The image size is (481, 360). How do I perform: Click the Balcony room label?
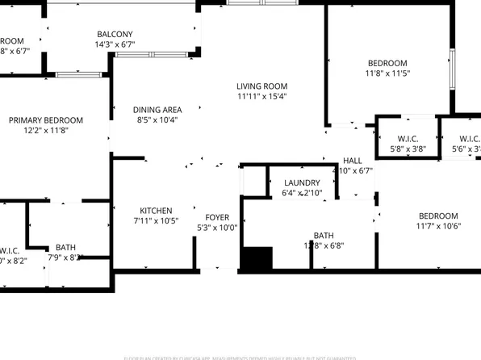[x=115, y=34]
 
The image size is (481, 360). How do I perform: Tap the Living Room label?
[x=262, y=86]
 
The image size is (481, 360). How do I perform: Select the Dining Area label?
[x=157, y=110]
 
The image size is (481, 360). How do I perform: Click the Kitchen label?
[x=155, y=210]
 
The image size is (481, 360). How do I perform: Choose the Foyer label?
[x=217, y=218]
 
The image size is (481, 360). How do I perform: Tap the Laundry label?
[x=301, y=183]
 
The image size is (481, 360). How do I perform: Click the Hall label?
[x=353, y=161]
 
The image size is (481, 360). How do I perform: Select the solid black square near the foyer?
[x=257, y=259]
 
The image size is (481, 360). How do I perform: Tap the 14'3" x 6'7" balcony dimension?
[x=115, y=44]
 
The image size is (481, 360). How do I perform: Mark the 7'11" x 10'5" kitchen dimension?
[x=155, y=220]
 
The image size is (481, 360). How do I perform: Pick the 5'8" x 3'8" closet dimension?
[x=408, y=149]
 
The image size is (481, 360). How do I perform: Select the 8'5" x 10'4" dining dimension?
[x=157, y=120]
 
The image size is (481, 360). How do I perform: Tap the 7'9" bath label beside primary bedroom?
[x=65, y=248]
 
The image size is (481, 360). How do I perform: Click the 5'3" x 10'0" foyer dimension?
[x=217, y=228]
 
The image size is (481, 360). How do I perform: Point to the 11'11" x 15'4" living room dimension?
[x=262, y=96]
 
